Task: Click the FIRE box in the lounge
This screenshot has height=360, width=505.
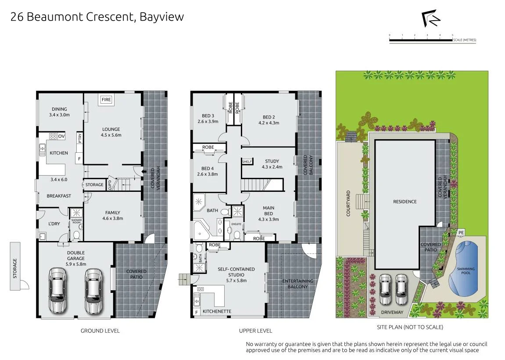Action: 106,100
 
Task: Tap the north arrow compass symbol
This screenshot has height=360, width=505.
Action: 431,19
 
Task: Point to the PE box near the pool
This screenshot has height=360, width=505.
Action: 461,232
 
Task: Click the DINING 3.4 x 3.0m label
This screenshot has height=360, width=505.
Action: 59,112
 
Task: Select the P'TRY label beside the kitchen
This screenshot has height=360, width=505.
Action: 79,138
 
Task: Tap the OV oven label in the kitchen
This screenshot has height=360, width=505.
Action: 61,137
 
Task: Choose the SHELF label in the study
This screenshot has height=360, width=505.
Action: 247,162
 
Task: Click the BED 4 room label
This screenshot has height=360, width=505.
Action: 208,171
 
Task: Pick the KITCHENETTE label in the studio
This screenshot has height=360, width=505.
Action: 217,311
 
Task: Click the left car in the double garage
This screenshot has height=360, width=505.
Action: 57,291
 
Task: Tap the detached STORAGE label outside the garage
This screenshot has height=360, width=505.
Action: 15,268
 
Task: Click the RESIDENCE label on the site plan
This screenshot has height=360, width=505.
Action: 405,202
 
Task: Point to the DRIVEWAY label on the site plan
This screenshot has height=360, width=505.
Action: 392,312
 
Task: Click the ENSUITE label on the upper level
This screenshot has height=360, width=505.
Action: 236,224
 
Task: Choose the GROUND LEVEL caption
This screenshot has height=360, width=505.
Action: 100,331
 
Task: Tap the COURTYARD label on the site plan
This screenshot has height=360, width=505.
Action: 348,203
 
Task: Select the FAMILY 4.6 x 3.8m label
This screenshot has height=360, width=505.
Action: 113,215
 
